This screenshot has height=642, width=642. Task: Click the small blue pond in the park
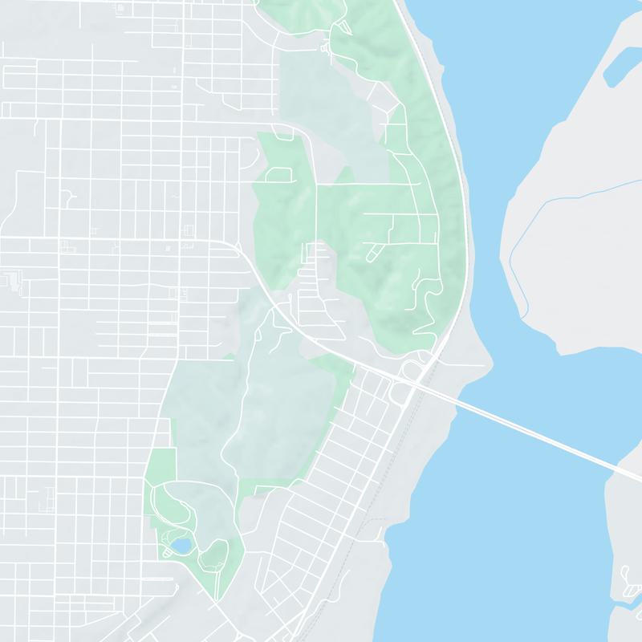[x=181, y=547]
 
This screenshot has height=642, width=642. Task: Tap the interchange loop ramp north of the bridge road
[x=411, y=369]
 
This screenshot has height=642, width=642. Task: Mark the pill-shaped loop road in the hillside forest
[x=374, y=254]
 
